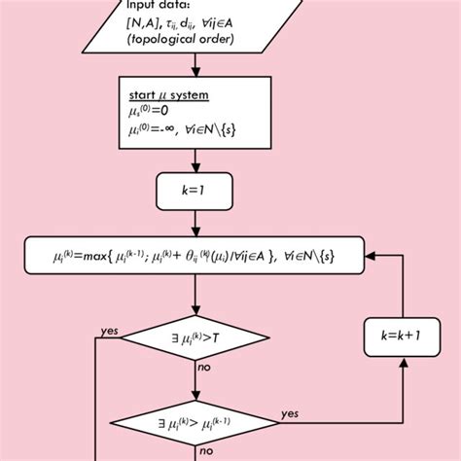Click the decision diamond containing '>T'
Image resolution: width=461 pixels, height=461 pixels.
[196, 339]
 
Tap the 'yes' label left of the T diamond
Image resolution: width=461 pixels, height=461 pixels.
[109, 332]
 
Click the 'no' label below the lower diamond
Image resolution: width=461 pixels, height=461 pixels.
[205, 450]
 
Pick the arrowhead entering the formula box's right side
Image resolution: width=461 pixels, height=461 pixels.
[374, 256]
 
